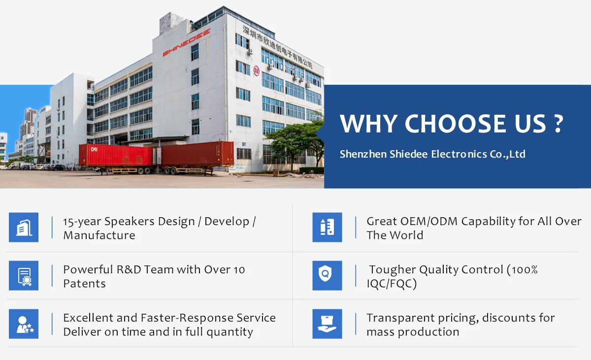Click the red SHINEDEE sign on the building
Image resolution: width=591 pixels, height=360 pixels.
pyautogui.click(x=186, y=42)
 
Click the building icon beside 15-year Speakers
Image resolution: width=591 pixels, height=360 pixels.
pyautogui.click(x=24, y=228)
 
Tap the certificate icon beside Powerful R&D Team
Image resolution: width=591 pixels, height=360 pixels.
pyautogui.click(x=24, y=276)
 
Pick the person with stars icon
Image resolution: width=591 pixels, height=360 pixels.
pyautogui.click(x=24, y=324)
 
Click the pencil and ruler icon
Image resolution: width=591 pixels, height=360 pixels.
pyautogui.click(x=327, y=228)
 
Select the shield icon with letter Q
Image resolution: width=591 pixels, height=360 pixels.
pyautogui.click(x=327, y=276)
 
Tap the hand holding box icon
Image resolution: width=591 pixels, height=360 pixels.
pyautogui.click(x=327, y=324)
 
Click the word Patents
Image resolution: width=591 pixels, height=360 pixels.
pyautogui.click(x=84, y=284)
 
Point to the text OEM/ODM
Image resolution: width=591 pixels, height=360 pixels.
pyautogui.click(x=429, y=222)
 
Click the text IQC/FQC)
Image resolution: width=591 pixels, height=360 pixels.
pyautogui.click(x=392, y=284)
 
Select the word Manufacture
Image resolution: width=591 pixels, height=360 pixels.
pyautogui.click(x=99, y=235)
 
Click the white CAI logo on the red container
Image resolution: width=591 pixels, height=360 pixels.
pyautogui.click(x=94, y=149)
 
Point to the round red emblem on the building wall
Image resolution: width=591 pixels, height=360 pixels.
pyautogui.click(x=257, y=71)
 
